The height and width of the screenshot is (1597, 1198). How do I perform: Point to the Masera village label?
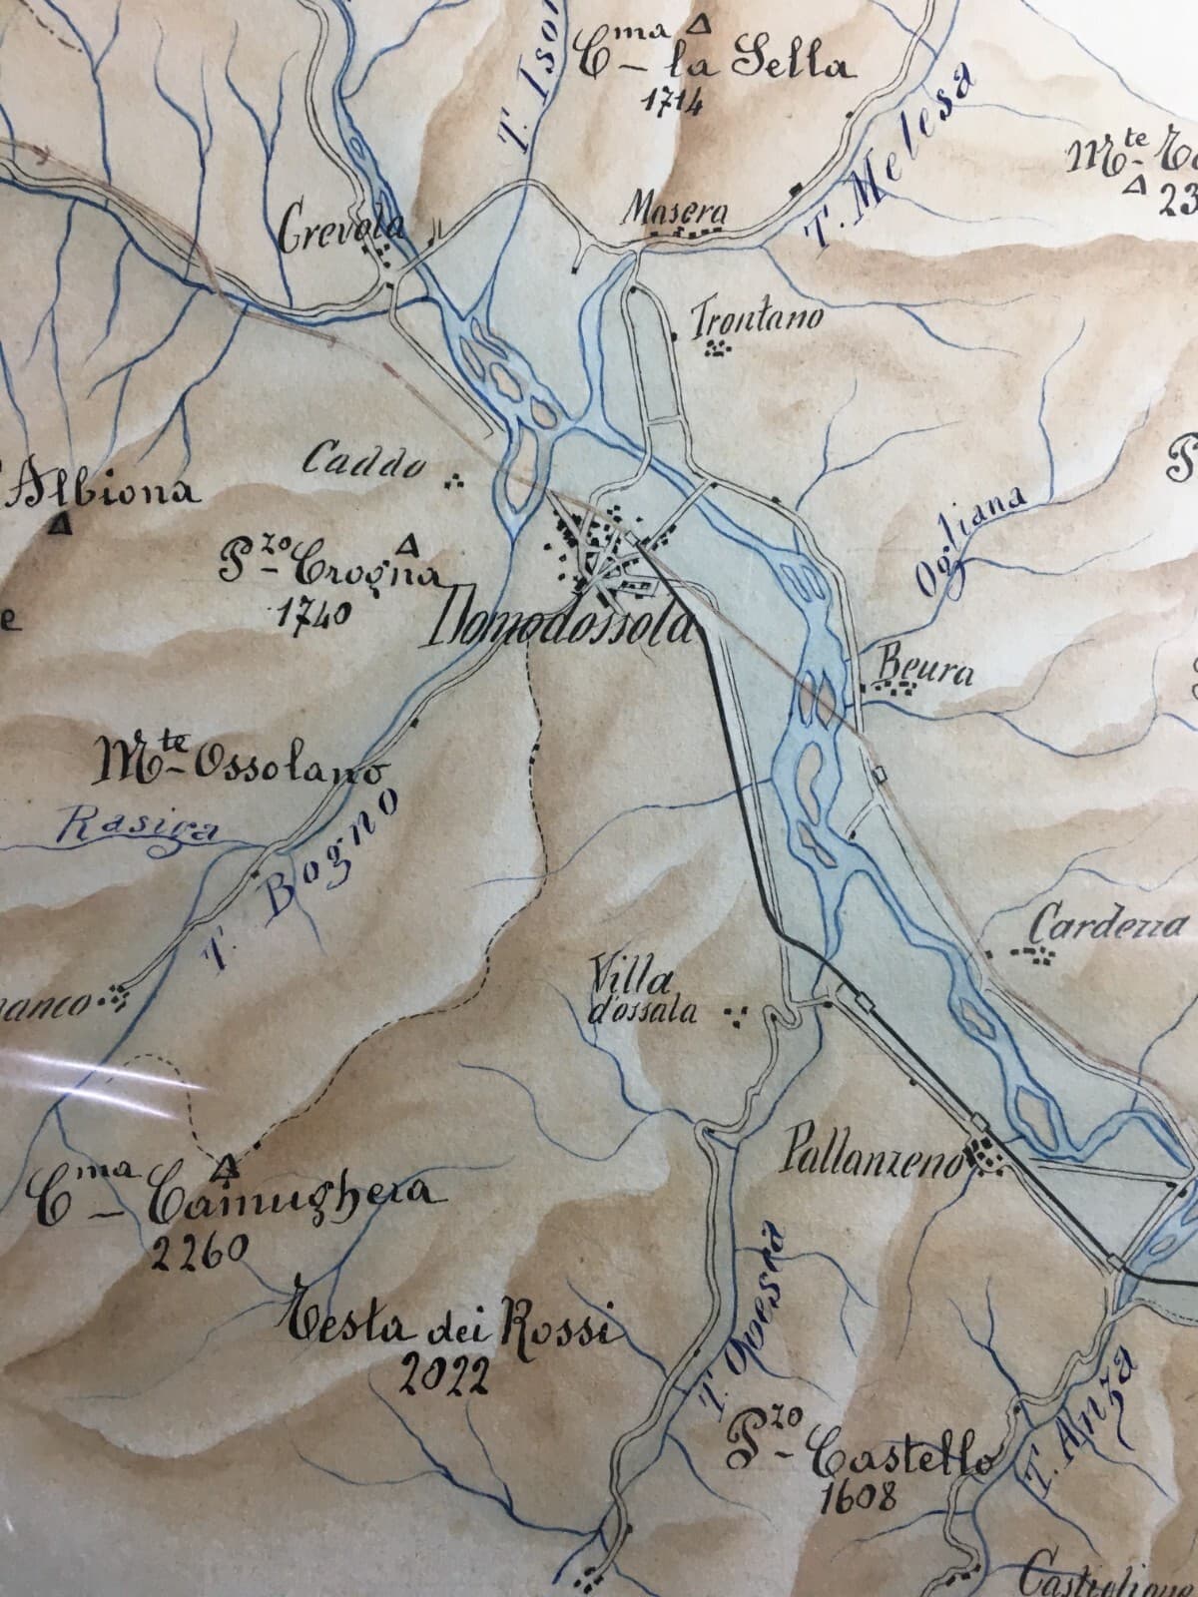click(675, 213)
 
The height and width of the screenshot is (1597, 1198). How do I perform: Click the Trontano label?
click(758, 318)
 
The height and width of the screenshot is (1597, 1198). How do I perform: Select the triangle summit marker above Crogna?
click(407, 544)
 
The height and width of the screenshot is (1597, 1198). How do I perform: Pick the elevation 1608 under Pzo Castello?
click(855, 1493)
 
